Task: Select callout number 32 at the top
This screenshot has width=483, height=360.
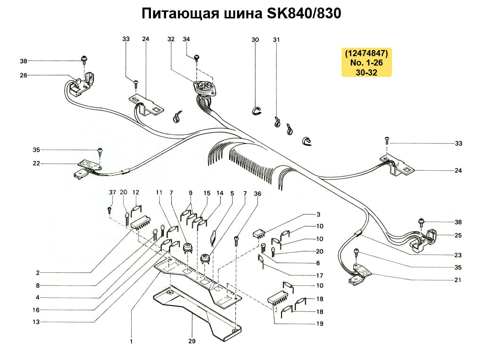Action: (x=171, y=40)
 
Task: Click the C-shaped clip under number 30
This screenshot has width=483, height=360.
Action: (x=255, y=110)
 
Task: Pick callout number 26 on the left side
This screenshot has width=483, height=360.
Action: (x=24, y=75)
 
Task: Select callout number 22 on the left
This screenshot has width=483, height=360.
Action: (x=36, y=164)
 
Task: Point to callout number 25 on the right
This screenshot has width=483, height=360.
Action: (x=458, y=234)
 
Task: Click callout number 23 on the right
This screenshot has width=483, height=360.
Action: (x=458, y=255)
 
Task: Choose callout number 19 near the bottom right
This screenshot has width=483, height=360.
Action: (x=320, y=324)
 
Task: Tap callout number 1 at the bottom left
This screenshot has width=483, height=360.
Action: (x=131, y=341)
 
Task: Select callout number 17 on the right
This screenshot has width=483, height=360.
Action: (x=320, y=276)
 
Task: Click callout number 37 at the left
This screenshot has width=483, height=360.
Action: (x=112, y=193)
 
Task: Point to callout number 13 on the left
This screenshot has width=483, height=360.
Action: (x=36, y=322)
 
